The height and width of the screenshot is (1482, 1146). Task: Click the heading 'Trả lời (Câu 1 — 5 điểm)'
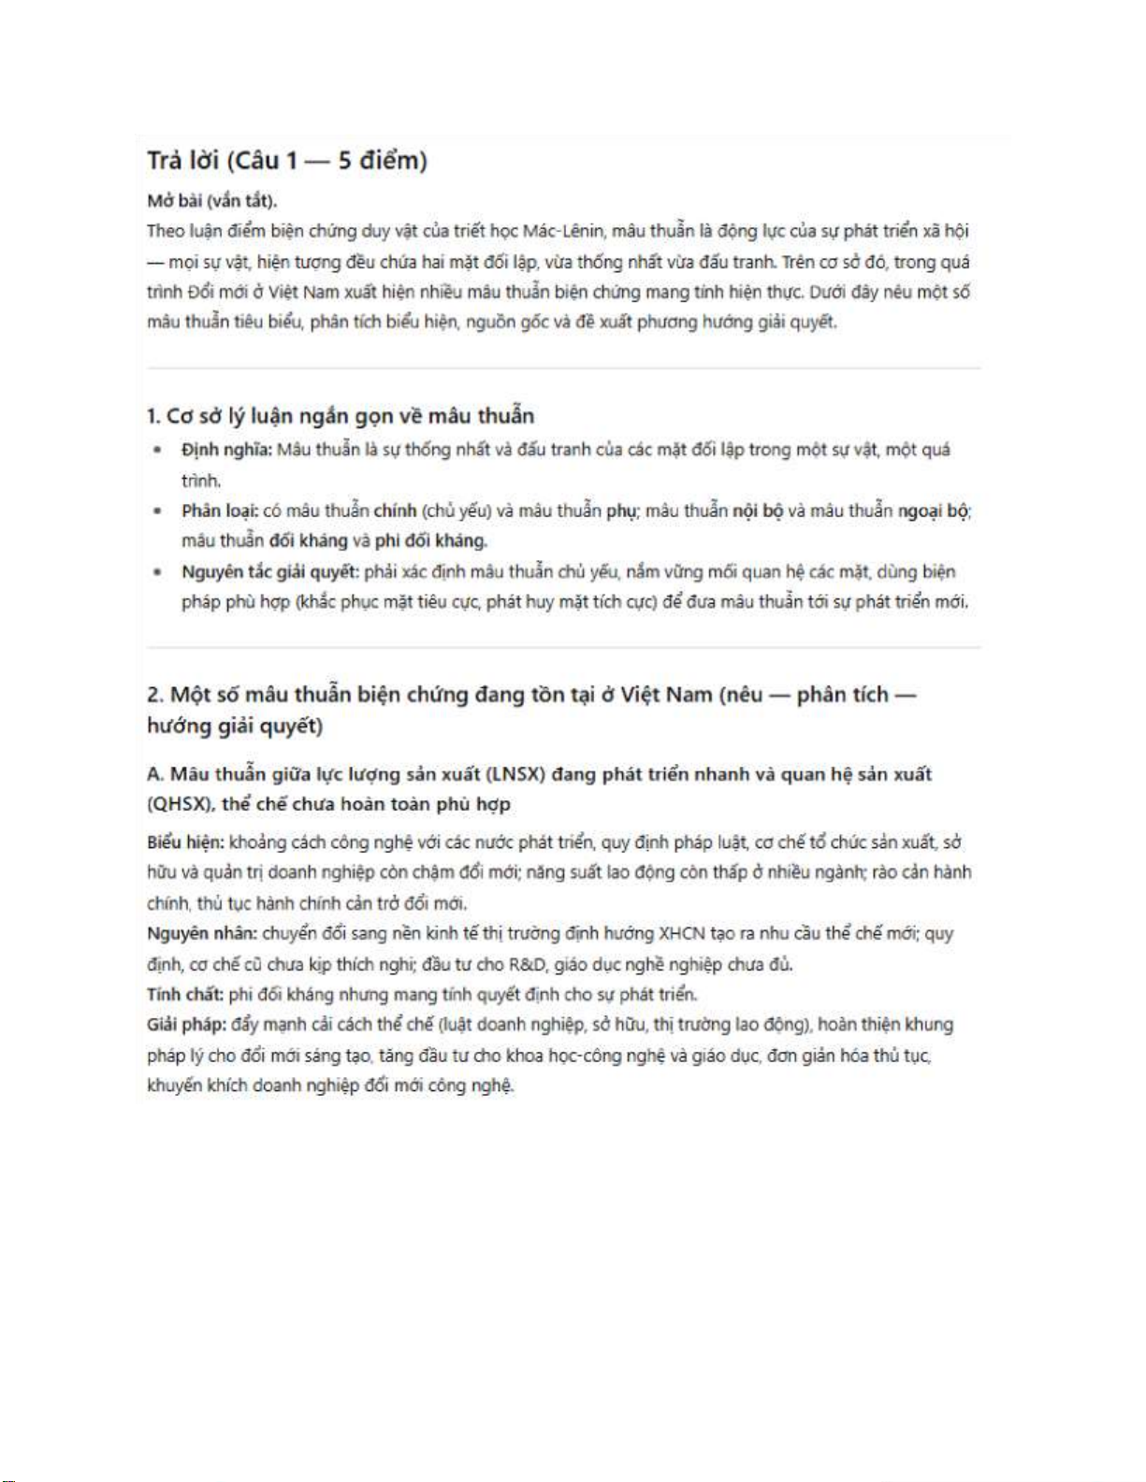pyautogui.click(x=286, y=161)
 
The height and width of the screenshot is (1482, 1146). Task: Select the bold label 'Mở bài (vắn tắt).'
pyautogui.click(x=211, y=201)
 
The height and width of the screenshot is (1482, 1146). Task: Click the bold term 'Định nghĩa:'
pyautogui.click(x=226, y=450)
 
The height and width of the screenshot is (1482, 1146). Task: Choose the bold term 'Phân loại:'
pyautogui.click(x=220, y=511)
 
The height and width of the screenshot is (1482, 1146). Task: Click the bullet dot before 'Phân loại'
pyautogui.click(x=158, y=511)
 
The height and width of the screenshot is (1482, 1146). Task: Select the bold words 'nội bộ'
pyautogui.click(x=757, y=511)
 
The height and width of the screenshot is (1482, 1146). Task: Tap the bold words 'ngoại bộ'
pyautogui.click(x=934, y=511)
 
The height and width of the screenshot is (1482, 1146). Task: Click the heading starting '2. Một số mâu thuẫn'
pyautogui.click(x=530, y=696)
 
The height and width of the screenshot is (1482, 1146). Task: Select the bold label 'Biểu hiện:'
pyautogui.click(x=185, y=842)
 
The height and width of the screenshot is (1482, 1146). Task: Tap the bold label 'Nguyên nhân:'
pyautogui.click(x=201, y=933)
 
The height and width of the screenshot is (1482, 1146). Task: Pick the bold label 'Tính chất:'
pyautogui.click(x=185, y=994)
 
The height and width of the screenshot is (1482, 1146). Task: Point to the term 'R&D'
pyautogui.click(x=528, y=964)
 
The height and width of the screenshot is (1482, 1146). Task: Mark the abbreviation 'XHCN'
pyautogui.click(x=682, y=933)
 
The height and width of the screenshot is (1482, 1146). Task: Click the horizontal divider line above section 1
pyautogui.click(x=563, y=368)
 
